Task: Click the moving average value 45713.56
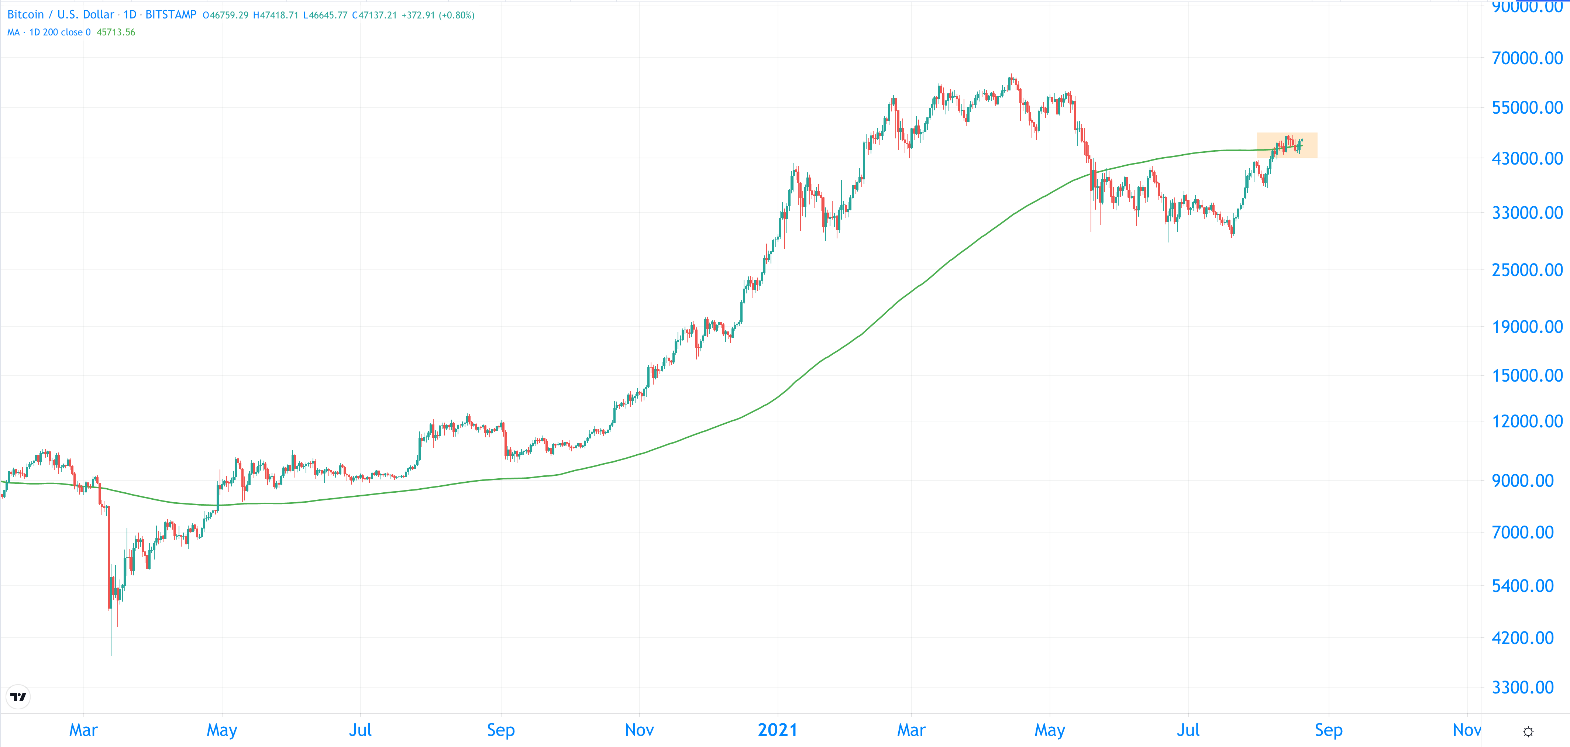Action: pos(116,32)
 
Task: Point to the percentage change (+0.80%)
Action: pos(457,15)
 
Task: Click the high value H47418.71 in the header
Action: pos(275,15)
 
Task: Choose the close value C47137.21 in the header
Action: pos(374,15)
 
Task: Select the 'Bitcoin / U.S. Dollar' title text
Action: pos(60,15)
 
